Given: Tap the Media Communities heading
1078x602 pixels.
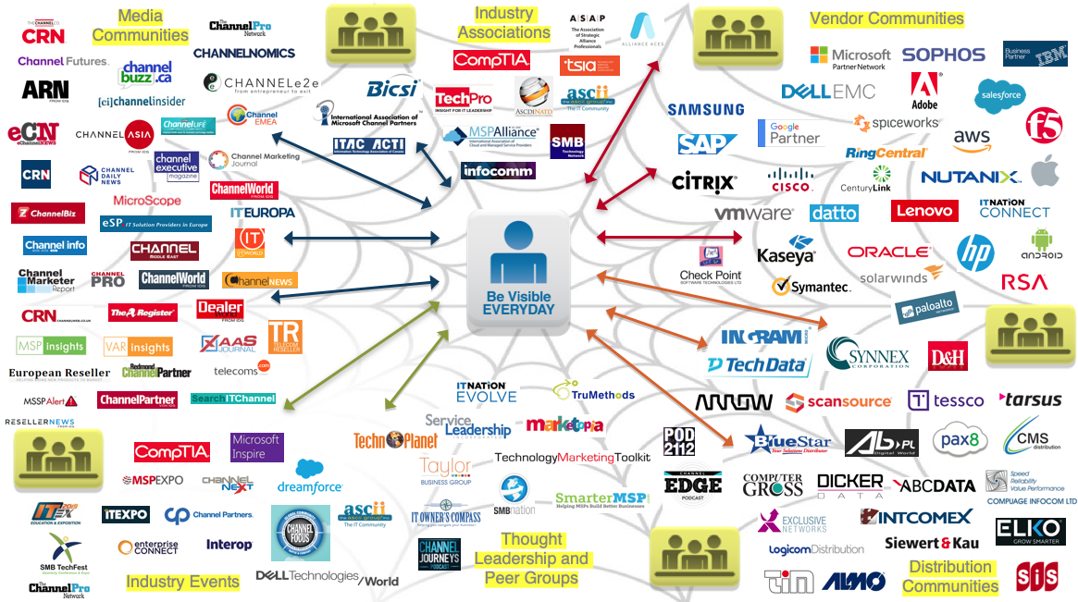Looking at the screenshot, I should [140, 26].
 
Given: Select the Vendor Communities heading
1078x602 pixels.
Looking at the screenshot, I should [886, 18].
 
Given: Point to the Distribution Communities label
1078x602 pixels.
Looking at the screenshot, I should [950, 576].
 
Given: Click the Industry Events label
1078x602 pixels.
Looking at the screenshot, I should [182, 582].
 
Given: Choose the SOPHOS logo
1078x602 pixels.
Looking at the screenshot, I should [943, 55].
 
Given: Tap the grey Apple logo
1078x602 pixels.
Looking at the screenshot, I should [1044, 170].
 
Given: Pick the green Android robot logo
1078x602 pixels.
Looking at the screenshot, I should [1041, 242].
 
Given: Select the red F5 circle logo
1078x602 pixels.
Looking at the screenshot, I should [1043, 124].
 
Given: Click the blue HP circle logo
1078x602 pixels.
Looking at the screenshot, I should [974, 252].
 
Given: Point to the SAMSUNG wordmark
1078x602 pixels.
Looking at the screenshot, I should [705, 109].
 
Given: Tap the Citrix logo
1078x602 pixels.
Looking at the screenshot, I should [703, 181].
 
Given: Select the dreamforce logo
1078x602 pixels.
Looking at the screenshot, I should [309, 477].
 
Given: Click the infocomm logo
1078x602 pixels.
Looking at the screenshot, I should [498, 171].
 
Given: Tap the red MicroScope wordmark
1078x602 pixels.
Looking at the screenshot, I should [147, 200].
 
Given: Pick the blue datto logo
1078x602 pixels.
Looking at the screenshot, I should [834, 213].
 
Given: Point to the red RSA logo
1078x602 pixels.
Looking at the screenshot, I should [1024, 282].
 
